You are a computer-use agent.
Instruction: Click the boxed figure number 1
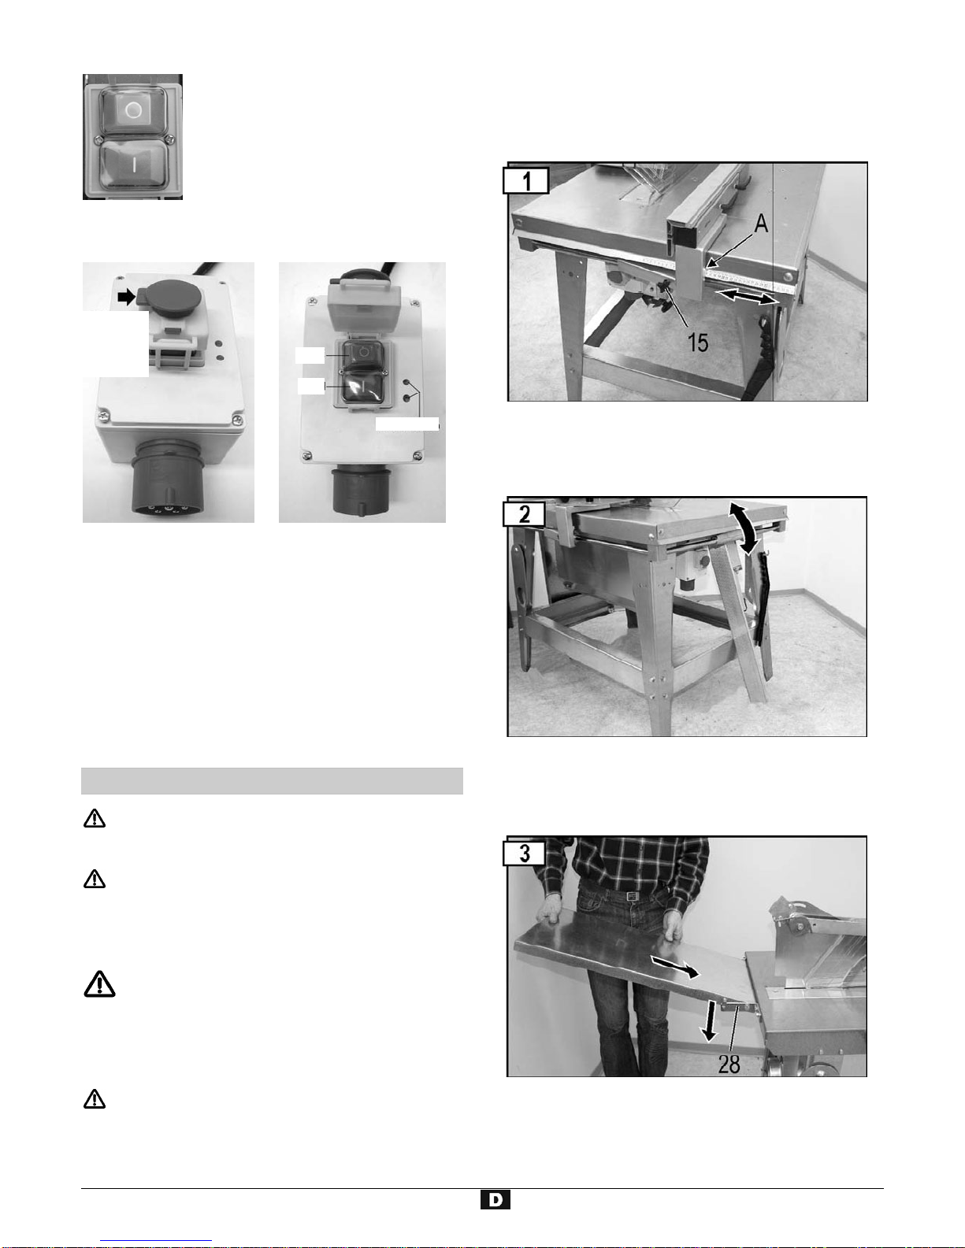coord(526,181)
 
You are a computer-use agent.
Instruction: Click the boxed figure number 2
coord(524,513)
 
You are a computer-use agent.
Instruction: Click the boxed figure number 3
coord(524,853)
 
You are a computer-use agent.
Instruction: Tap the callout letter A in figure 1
coord(760,224)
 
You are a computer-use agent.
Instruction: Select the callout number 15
coord(698,343)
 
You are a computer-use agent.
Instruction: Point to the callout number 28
coord(729,1065)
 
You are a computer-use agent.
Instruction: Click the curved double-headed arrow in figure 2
coord(744,528)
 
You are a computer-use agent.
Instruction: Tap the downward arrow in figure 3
coord(711,1020)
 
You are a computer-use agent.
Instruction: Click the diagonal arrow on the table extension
coord(675,967)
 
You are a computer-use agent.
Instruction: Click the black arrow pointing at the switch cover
coord(126,296)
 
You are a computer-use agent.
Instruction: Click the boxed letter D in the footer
coord(495,1200)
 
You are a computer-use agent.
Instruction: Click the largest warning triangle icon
coord(99,983)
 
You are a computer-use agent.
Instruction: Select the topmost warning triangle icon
coord(95,818)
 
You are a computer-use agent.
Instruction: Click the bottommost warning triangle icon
coord(95,1098)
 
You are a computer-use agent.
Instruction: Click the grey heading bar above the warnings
coord(272,781)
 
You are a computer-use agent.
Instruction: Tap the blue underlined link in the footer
coord(156,1241)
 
